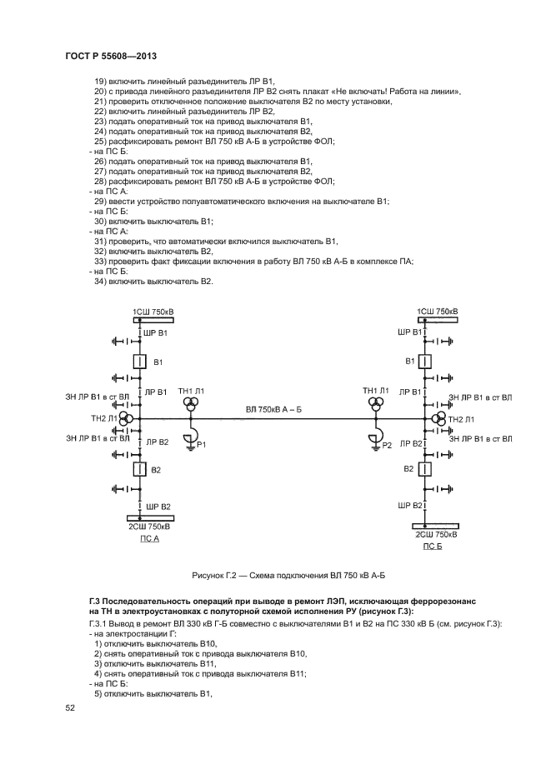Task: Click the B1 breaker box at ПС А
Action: click(x=140, y=362)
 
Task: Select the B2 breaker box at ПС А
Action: click(x=140, y=471)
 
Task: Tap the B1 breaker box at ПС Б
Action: click(x=424, y=362)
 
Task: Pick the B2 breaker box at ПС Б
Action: click(x=424, y=471)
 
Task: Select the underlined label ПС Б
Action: click(x=433, y=547)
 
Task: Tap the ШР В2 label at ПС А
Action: click(x=158, y=507)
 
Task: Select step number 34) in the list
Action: click(x=100, y=281)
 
